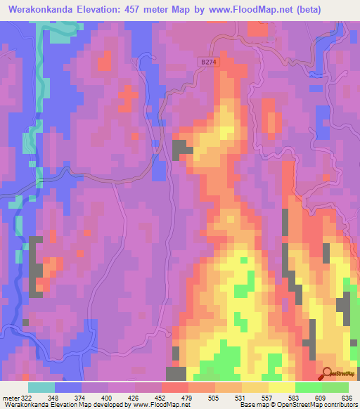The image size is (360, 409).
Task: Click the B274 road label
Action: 210,63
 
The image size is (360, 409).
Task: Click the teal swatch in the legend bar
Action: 41,387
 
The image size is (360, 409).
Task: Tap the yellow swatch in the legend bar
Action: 281,387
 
